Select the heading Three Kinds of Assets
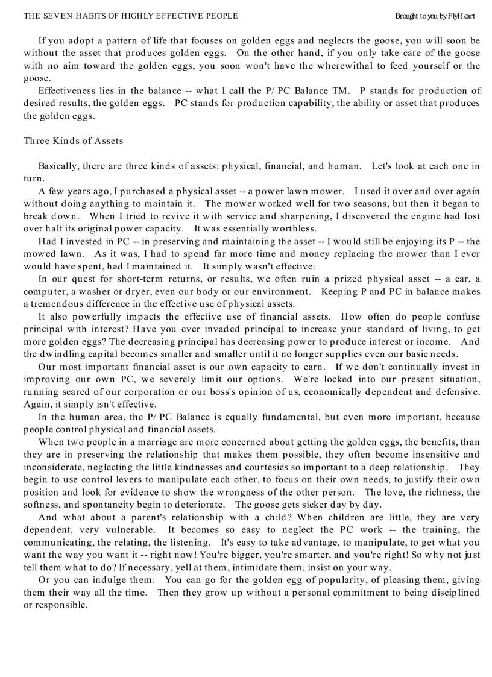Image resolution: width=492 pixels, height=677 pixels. click(73, 141)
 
